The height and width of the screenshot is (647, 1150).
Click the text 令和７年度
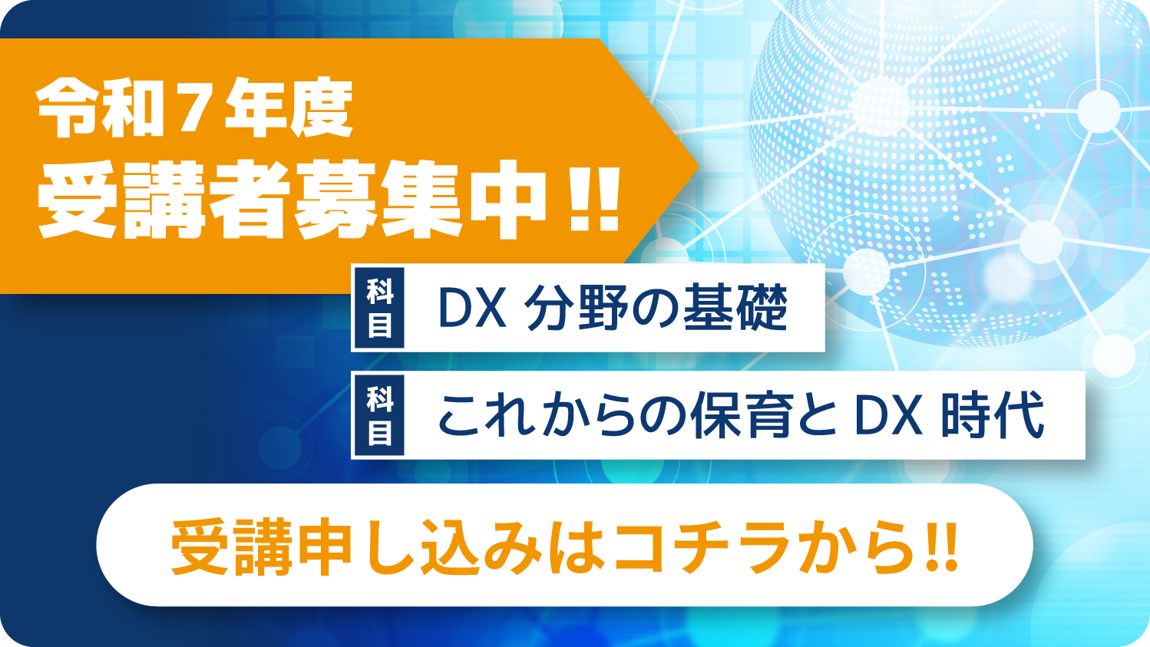(x=194, y=108)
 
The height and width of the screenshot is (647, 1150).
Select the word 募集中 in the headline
(x=422, y=202)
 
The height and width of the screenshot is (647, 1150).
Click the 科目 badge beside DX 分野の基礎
(x=379, y=308)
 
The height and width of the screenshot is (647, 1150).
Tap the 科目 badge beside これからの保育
(x=379, y=415)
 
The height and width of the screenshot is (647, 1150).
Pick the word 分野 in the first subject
(x=576, y=308)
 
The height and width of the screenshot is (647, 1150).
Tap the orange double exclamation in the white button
(x=943, y=547)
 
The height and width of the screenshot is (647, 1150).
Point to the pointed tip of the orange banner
(x=699, y=166)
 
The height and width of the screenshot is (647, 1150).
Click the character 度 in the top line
(x=322, y=108)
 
